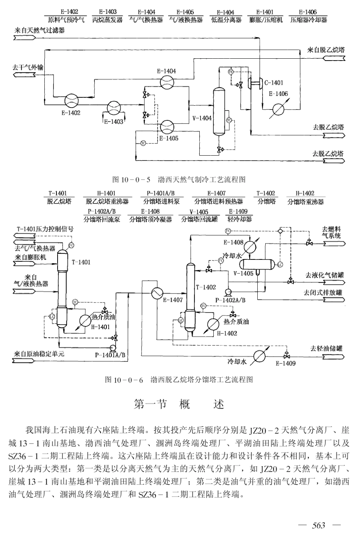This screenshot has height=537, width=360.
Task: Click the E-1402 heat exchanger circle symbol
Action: click(71, 101)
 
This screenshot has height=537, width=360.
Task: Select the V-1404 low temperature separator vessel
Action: click(218, 111)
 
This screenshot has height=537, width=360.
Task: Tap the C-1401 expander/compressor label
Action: click(274, 83)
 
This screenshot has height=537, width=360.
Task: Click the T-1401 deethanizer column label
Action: click(81, 262)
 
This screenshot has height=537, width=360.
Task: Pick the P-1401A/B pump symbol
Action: click(112, 348)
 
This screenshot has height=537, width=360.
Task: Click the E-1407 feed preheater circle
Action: click(157, 293)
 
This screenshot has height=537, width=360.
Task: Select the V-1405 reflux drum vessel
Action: click(259, 264)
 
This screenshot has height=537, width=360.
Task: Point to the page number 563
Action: click(319, 525)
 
